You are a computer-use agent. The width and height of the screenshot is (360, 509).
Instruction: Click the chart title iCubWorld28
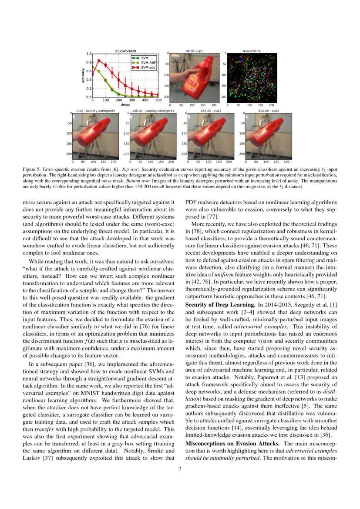[125, 51]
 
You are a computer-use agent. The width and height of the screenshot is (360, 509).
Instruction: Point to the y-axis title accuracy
[83, 75]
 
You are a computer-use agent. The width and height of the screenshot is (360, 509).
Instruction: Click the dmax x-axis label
[125, 105]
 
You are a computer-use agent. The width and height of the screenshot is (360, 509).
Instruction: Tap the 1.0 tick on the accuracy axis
[89, 54]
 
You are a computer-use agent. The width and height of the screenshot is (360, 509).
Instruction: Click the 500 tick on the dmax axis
[158, 101]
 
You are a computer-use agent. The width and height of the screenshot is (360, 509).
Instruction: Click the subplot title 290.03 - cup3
[194, 51]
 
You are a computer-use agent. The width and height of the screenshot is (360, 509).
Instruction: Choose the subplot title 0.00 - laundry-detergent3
[95, 111]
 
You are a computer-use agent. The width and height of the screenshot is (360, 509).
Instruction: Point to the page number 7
[180, 469]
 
